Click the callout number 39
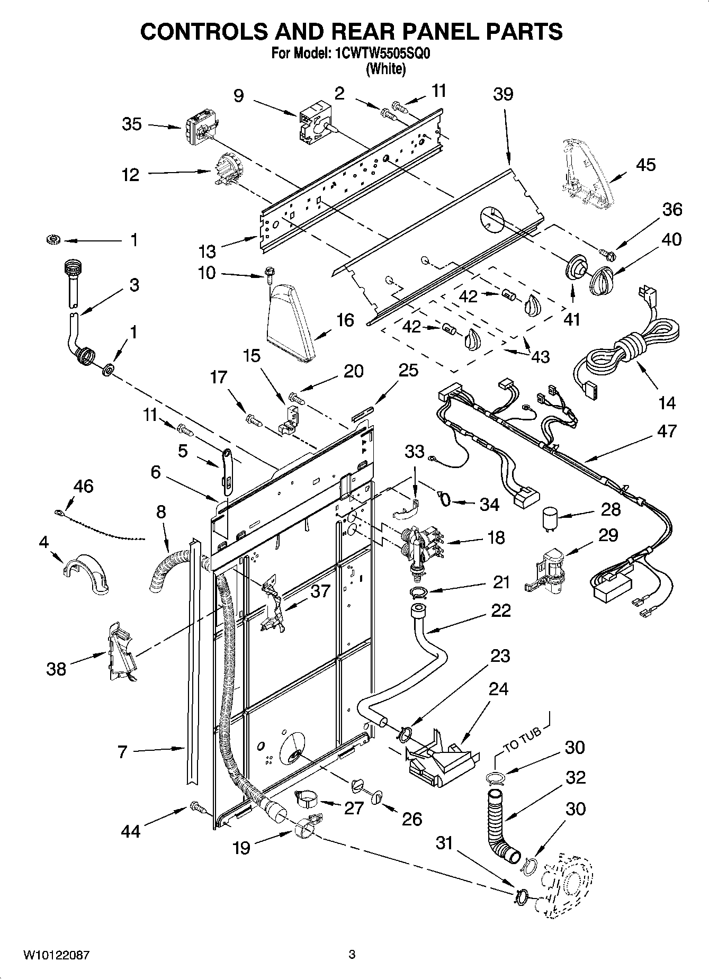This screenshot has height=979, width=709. point(503,94)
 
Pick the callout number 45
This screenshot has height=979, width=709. point(645,165)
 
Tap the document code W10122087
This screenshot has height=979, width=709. point(56,956)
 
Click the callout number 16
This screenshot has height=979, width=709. point(345,320)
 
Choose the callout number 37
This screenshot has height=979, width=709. point(320,591)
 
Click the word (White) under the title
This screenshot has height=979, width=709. point(385,69)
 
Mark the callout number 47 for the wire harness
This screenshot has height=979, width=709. point(667,431)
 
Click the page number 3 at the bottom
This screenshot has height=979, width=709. point(352,956)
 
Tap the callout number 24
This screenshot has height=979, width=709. point(498,689)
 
